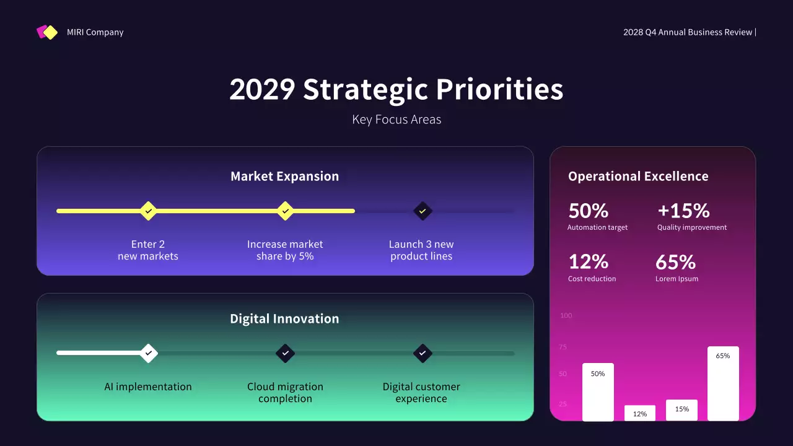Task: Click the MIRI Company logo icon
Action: tap(47, 32)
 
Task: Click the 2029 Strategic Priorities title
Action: tap(396, 89)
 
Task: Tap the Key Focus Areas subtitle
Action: tap(396, 120)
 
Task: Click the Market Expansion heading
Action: tap(284, 177)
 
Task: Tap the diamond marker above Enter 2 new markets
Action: tap(148, 211)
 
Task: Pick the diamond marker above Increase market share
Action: tap(285, 211)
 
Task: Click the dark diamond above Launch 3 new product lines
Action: tap(423, 211)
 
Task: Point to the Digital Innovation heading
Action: tap(284, 319)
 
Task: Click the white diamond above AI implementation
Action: tap(148, 353)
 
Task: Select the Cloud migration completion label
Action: tap(285, 393)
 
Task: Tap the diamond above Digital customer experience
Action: tap(423, 353)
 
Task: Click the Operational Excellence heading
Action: tap(638, 177)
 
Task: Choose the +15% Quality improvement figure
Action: tap(683, 211)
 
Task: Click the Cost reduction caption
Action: tap(592, 279)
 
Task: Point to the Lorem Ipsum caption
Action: tap(677, 279)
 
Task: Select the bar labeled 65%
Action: tap(723, 384)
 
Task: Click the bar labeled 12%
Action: tap(640, 413)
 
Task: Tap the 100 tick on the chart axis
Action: tap(566, 316)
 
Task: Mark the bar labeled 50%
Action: tap(598, 392)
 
